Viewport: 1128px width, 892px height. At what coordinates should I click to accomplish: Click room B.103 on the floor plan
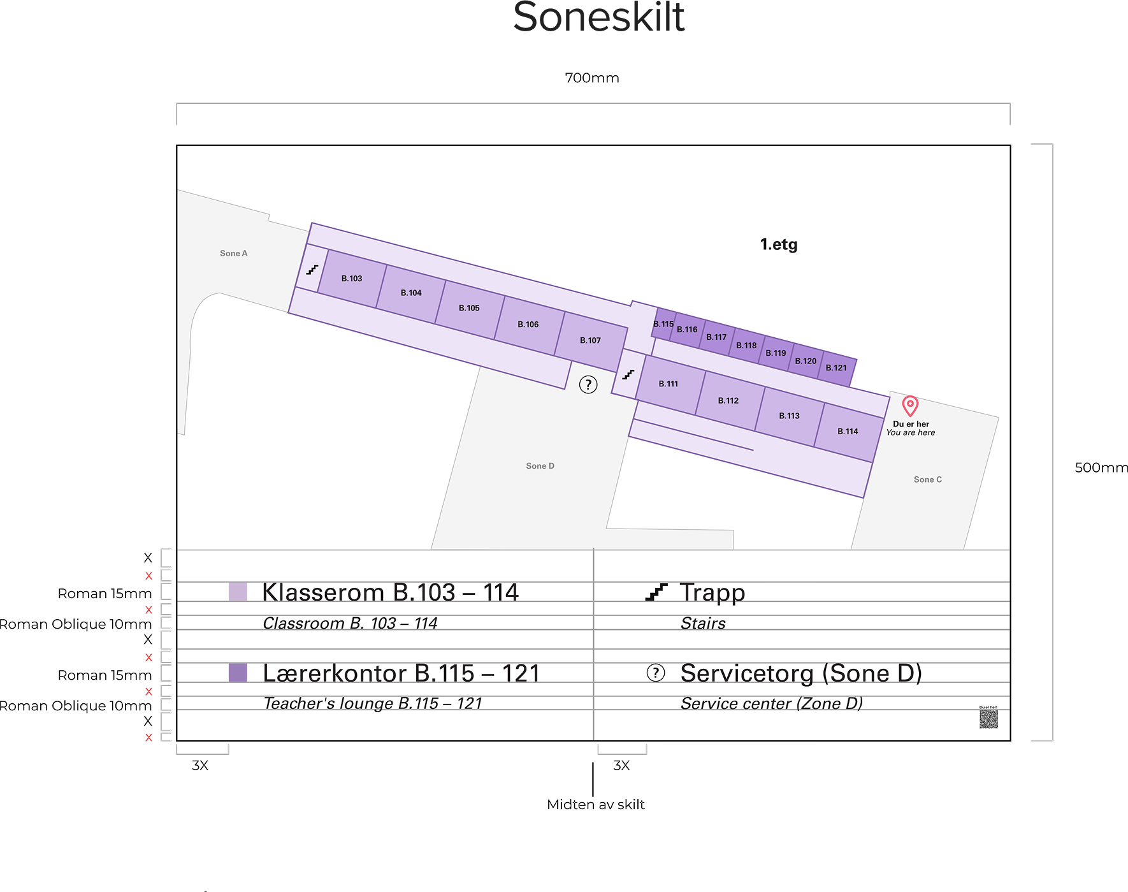point(352,279)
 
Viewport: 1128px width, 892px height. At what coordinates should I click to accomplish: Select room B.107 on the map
point(590,340)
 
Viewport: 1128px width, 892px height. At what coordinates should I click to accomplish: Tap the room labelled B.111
point(669,384)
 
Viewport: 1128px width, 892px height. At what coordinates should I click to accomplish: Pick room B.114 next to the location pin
point(848,432)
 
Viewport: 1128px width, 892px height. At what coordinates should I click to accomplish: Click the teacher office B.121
point(836,368)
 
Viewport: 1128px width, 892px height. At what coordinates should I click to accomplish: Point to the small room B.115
point(663,324)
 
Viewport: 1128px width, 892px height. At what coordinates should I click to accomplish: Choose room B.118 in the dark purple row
point(746,346)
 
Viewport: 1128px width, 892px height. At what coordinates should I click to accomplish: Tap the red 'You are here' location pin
point(910,405)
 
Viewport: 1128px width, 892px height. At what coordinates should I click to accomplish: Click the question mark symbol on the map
point(588,384)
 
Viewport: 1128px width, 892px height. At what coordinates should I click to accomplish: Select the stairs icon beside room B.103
point(312,270)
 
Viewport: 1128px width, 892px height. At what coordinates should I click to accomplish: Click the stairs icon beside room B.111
point(628,374)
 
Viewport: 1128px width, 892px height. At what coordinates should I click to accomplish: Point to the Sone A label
point(234,253)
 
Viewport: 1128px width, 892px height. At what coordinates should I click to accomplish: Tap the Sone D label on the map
point(540,466)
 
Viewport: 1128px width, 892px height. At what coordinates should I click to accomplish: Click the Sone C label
point(927,479)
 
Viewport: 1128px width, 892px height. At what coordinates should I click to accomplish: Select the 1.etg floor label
point(779,244)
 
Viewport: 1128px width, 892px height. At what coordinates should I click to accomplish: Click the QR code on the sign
point(988,719)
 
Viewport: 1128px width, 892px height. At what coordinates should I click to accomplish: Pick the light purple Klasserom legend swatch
point(238,592)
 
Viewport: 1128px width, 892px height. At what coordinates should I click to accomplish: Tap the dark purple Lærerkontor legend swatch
point(238,673)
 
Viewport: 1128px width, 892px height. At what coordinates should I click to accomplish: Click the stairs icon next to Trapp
point(656,592)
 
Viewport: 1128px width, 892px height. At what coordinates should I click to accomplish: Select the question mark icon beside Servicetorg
point(656,673)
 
